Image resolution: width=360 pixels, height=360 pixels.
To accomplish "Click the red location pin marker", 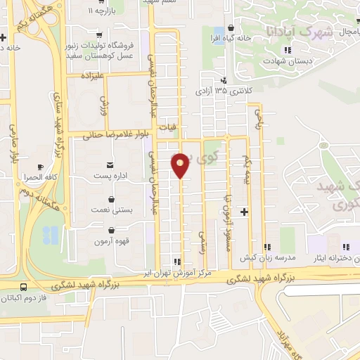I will click(x=181, y=165).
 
